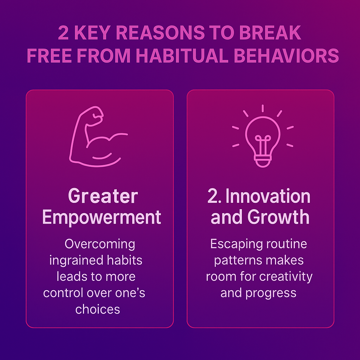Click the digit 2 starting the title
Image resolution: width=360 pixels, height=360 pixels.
[63, 33]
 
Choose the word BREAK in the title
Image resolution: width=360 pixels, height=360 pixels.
[270, 33]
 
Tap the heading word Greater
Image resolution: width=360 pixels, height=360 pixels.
[103, 196]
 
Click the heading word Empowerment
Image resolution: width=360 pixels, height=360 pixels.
[102, 217]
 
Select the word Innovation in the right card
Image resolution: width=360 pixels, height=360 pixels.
[268, 196]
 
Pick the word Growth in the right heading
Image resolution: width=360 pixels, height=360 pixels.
[278, 217]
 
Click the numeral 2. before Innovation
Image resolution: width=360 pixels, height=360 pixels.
[214, 196]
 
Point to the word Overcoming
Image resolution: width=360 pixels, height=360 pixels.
[100, 244]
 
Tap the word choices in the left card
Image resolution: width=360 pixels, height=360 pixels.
[98, 309]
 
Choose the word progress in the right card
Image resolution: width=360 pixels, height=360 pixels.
[271, 294]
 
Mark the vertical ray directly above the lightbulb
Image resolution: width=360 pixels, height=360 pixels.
[263, 108]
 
